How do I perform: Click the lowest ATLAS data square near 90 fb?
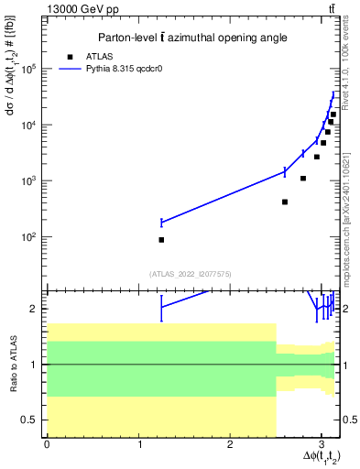[161, 240]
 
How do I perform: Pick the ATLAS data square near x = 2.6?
[285, 202]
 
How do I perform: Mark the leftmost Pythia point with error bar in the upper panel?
[161, 223]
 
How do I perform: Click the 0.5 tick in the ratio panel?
[34, 420]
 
